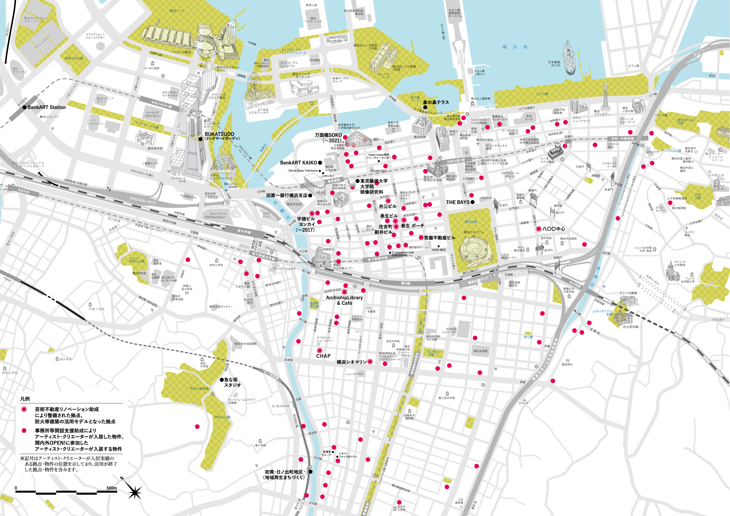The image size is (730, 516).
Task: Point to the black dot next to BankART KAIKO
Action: (320, 163)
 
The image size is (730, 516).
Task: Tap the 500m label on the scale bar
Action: (112, 488)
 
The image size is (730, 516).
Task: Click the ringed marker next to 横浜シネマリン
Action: (370, 361)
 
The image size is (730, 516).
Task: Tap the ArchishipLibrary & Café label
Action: (344, 300)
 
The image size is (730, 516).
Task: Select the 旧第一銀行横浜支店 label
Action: (287, 195)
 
